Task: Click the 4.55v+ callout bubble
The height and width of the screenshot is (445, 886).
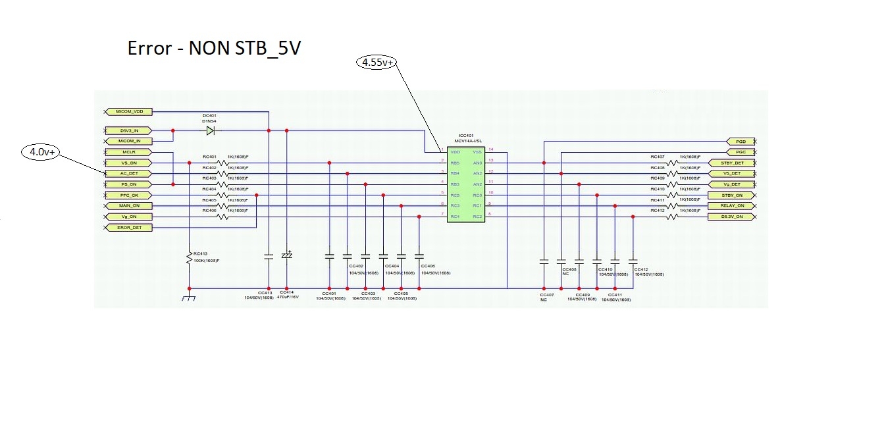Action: [378, 63]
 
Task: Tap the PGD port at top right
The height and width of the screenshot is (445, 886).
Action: [740, 142]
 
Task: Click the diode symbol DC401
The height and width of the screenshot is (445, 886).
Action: [210, 131]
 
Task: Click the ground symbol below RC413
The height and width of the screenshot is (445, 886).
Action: [189, 298]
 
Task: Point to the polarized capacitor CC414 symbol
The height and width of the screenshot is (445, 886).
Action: [286, 255]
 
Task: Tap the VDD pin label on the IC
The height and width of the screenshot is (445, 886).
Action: [456, 151]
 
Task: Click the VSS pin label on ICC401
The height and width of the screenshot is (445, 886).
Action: [477, 151]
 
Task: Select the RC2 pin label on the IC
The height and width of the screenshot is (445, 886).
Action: [477, 216]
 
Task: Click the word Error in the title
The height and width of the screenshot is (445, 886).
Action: [150, 49]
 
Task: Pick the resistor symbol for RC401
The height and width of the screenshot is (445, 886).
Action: [224, 163]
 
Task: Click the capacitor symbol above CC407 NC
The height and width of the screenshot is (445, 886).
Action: [544, 262]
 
